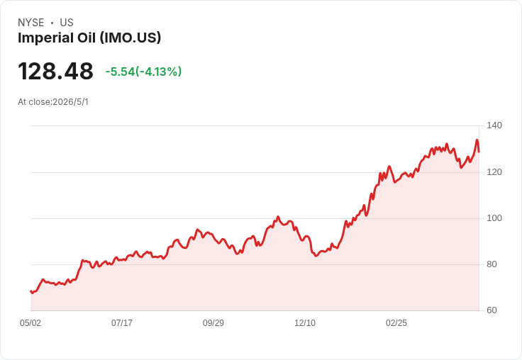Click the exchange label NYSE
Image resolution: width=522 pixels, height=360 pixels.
click(31, 23)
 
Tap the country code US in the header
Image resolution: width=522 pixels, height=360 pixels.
click(67, 23)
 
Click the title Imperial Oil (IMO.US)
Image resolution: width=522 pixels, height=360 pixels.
click(89, 38)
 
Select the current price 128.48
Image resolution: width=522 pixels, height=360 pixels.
click(55, 71)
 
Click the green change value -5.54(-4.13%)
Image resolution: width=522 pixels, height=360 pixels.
click(143, 72)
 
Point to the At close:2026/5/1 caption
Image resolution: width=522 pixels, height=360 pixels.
click(53, 102)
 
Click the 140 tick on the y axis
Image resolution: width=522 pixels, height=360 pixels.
click(494, 125)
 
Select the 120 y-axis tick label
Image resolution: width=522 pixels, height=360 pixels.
click(494, 172)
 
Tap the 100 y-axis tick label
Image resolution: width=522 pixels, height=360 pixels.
click(494, 218)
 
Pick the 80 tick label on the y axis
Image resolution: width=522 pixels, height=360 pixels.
click(492, 264)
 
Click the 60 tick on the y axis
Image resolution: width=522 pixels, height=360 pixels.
click(492, 310)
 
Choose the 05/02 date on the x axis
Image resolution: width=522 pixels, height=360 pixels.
click(30, 323)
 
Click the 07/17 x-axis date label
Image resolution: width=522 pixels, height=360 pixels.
click(122, 323)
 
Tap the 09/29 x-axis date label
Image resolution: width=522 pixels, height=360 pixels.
click(213, 323)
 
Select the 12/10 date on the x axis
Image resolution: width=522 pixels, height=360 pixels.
click(305, 323)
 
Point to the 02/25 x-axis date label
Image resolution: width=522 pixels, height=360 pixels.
click(396, 323)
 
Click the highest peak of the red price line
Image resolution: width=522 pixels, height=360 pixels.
click(477, 140)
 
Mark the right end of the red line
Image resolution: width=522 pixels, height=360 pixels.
click(479, 152)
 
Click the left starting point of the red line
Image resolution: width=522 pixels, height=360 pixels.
click(30, 291)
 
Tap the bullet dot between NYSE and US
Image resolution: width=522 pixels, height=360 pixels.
click(52, 23)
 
